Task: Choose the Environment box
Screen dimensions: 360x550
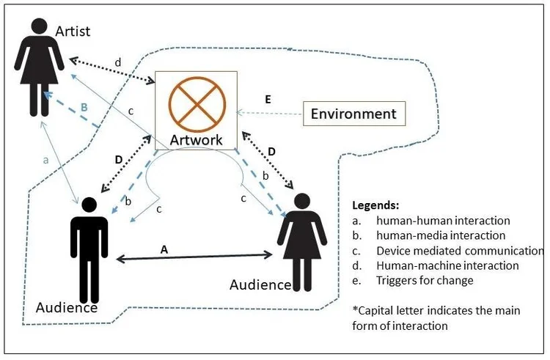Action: [x=353, y=114]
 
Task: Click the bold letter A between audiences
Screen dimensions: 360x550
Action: [x=164, y=249]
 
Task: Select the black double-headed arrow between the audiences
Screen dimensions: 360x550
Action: [x=195, y=257]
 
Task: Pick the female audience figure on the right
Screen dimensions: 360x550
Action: [x=301, y=238]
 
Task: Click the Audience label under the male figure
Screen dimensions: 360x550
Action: [x=67, y=307]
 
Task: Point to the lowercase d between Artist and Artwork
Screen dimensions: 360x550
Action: [x=118, y=60]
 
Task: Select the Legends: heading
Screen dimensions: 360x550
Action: [x=375, y=205]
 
